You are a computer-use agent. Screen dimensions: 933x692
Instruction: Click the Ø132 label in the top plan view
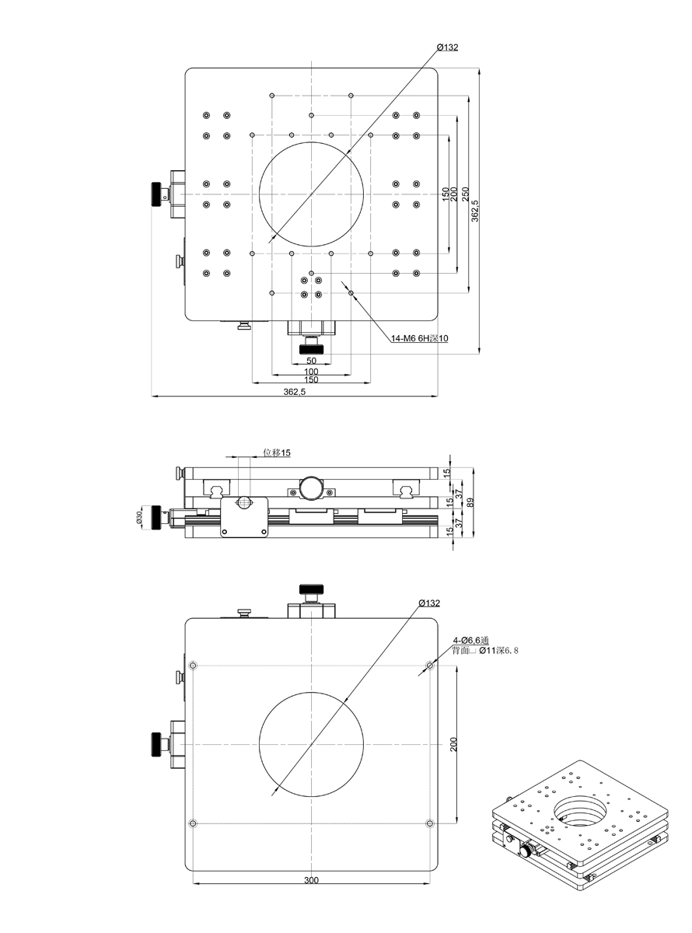pos(448,47)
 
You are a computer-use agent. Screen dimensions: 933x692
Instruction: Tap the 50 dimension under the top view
pos(311,361)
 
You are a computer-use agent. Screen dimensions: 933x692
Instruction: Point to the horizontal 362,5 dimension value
pos(295,393)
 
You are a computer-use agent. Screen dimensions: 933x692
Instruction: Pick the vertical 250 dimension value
pos(465,194)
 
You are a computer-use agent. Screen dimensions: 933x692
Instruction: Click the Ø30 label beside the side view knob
pos(140,517)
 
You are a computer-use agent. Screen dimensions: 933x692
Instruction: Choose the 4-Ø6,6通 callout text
pos(474,640)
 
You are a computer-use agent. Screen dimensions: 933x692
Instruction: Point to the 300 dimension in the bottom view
pos(311,881)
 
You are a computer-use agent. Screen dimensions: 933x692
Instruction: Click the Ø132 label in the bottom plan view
pos(428,603)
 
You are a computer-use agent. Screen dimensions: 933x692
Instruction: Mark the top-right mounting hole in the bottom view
pos(430,666)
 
